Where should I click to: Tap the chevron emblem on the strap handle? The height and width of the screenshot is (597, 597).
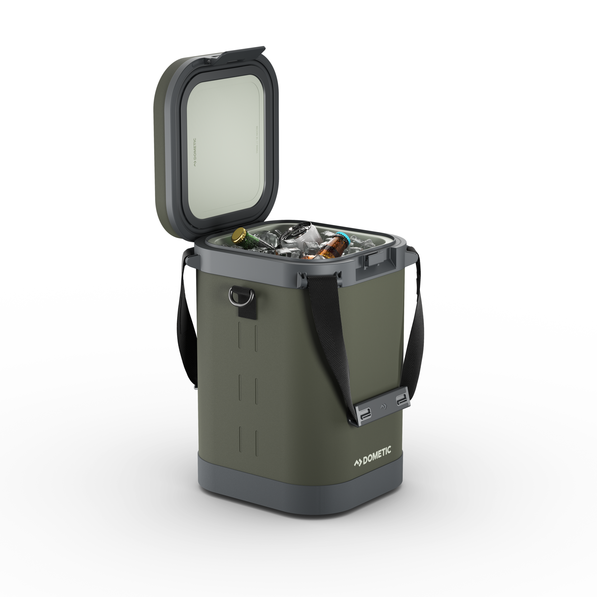pos(382,398)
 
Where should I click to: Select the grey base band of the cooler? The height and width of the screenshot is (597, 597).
pos(311,516)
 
